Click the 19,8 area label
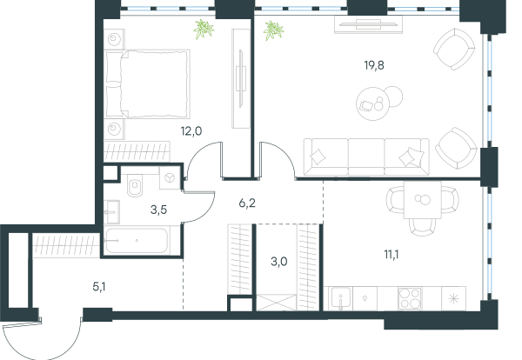pos(374,65)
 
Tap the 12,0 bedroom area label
pos(191,131)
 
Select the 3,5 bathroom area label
pos(158,210)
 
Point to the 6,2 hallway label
pos(247,203)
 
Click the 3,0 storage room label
pos(279,262)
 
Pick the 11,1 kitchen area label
pos(391,255)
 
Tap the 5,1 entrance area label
pos(99,287)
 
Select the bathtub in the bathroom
pos(136,241)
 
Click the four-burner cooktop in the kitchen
pos(410,298)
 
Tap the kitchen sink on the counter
pos(339,298)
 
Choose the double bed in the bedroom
pos(147,84)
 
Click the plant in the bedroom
pos(204,30)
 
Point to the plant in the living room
pos(273,30)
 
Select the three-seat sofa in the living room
pos(366,157)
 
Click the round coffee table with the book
pos(373,103)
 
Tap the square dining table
pos(423,200)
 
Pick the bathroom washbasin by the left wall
pos(111,212)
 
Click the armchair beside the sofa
pos(456,149)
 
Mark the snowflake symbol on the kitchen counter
pos(453,299)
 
